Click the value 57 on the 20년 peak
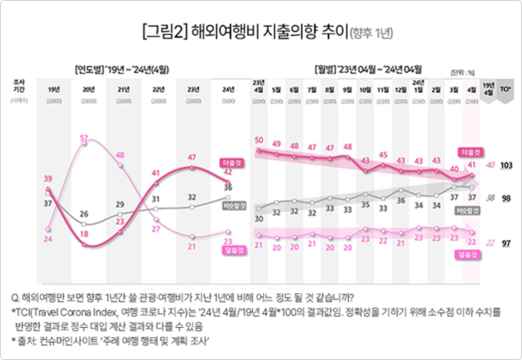click(84, 139)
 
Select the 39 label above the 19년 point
click(49, 178)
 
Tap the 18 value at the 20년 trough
click(84, 234)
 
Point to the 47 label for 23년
click(192, 157)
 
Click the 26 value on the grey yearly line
click(84, 212)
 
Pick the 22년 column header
click(157, 89)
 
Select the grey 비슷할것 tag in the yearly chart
click(231, 206)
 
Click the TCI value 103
click(506, 164)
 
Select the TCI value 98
click(506, 197)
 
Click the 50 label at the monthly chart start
click(258, 140)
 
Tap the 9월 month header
click(347, 89)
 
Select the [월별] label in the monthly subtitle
click(327, 66)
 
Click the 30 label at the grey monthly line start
click(258, 219)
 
